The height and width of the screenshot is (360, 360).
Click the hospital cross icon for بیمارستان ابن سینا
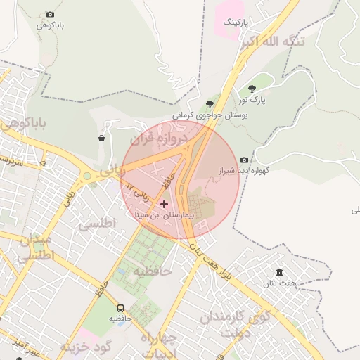click(x=165, y=204)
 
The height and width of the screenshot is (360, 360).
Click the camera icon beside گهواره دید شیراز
click(x=244, y=160)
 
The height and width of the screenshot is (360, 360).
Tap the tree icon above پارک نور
click(x=252, y=89)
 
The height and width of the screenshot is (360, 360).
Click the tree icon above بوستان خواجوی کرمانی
click(x=209, y=104)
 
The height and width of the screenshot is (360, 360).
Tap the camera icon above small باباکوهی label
click(x=50, y=14)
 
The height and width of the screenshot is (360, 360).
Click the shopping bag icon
click(x=102, y=139)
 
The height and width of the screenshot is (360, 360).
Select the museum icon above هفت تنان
click(x=280, y=272)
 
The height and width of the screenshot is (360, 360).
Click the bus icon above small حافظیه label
click(x=120, y=308)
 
